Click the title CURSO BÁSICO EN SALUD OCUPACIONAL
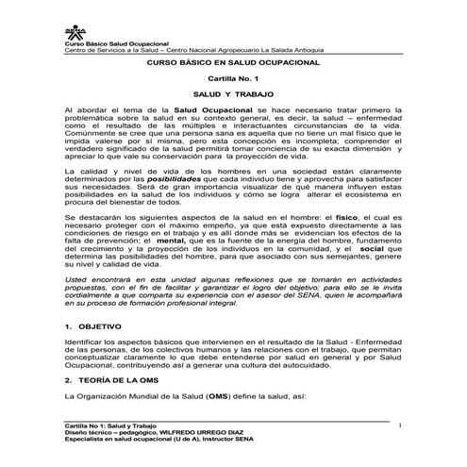[x=232, y=60]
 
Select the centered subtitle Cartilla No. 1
[x=232, y=80]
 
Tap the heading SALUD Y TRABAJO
[x=232, y=97]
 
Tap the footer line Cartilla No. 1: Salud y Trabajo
[x=109, y=427]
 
